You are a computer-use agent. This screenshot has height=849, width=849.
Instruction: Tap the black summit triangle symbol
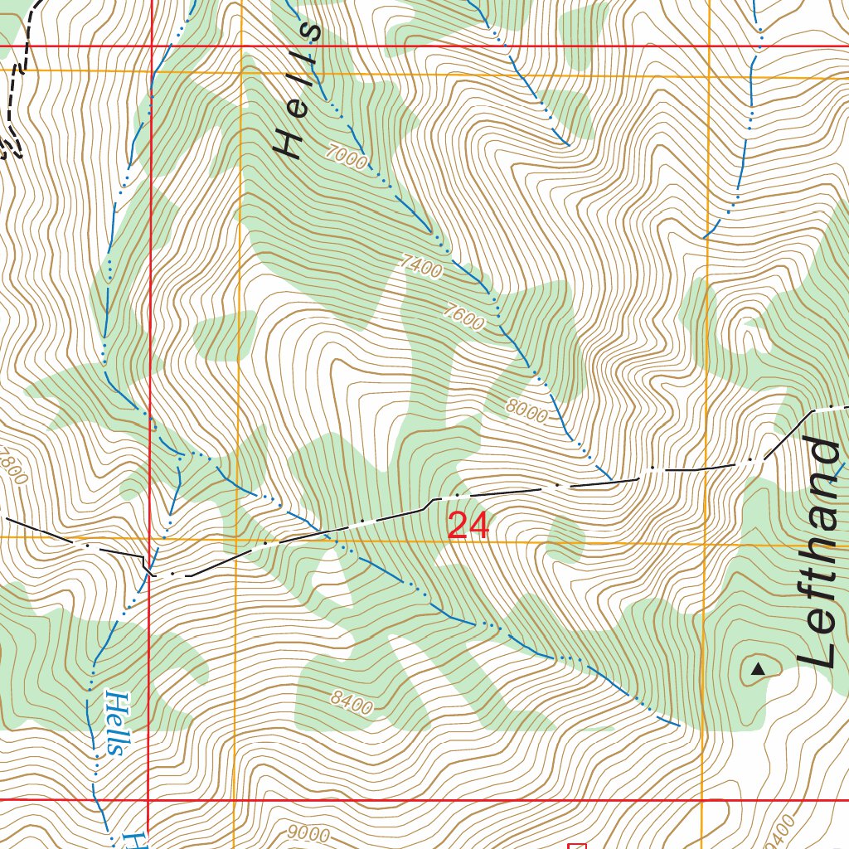[x=757, y=668]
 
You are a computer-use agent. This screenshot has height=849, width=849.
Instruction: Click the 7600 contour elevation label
[x=463, y=318]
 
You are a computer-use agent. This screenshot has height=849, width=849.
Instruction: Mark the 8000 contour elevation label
[x=526, y=411]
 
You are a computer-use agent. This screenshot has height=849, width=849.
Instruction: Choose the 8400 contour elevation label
[x=351, y=703]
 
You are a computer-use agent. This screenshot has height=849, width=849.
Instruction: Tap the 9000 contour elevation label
[x=310, y=834]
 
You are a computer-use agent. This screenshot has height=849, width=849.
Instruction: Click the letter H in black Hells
[x=289, y=145]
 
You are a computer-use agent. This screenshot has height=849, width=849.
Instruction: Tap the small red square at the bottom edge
[x=576, y=845]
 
